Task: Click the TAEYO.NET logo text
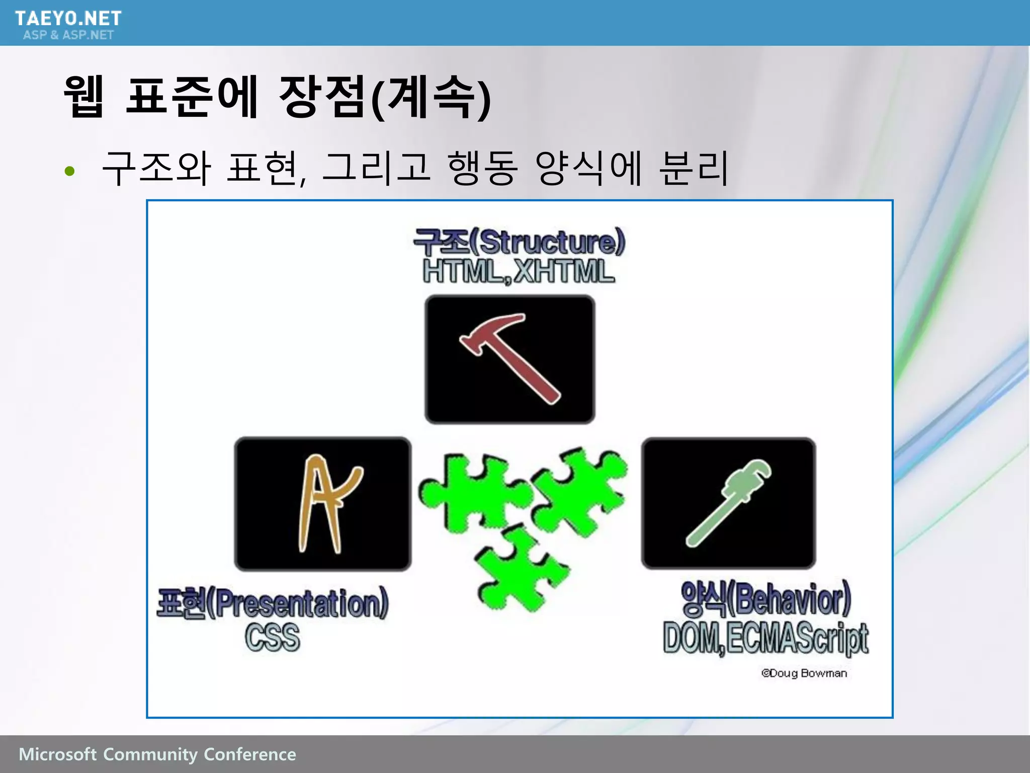click(68, 19)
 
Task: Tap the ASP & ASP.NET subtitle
click(68, 35)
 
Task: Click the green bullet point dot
click(69, 171)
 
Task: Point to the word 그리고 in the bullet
click(376, 168)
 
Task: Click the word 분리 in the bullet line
click(693, 168)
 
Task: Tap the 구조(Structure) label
click(519, 242)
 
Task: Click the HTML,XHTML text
click(519, 272)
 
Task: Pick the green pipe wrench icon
click(728, 503)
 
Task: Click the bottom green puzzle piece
click(521, 569)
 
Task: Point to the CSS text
click(273, 637)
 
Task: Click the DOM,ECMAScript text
click(765, 638)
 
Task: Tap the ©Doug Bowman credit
click(804, 673)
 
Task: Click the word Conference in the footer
click(250, 754)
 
